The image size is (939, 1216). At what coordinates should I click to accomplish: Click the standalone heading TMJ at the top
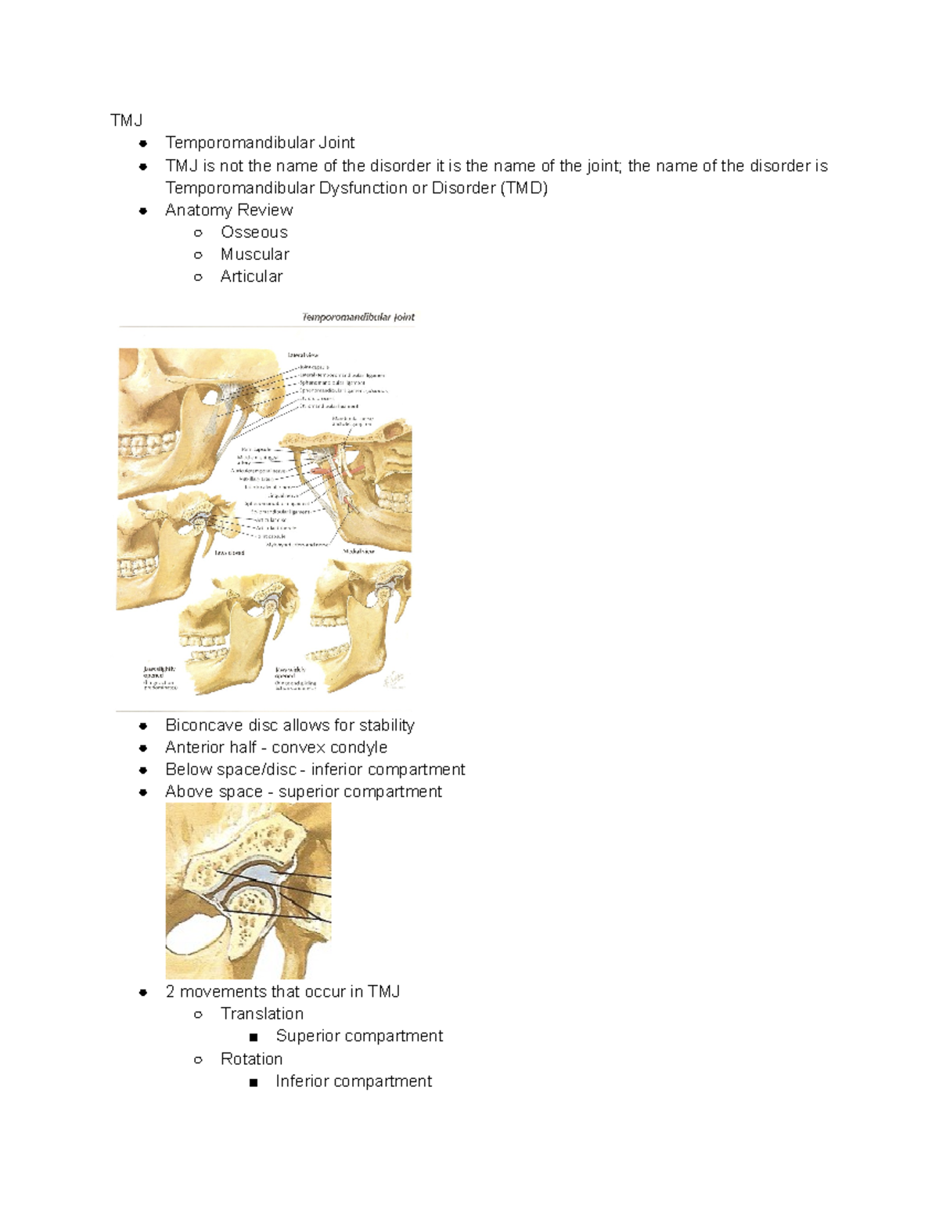[x=126, y=120]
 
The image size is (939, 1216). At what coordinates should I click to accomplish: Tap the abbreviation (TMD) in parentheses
[x=523, y=188]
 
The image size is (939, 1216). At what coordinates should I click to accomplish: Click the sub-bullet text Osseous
[x=254, y=232]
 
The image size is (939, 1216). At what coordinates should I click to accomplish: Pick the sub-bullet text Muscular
[x=255, y=254]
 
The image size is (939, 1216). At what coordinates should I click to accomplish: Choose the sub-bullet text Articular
[x=251, y=276]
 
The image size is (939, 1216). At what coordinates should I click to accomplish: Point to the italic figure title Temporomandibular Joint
[x=358, y=317]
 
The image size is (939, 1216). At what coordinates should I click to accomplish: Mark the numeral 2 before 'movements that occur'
[x=170, y=991]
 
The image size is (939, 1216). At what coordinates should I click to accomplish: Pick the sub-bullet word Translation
[x=262, y=1013]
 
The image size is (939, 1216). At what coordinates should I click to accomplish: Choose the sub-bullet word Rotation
[x=251, y=1059]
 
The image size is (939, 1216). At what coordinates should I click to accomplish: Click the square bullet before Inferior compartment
[x=253, y=1082]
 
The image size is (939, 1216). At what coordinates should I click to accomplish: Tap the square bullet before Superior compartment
[x=253, y=1037]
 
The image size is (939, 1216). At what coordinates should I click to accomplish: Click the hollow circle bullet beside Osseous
[x=199, y=233]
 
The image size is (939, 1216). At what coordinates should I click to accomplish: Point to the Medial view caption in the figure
[x=359, y=551]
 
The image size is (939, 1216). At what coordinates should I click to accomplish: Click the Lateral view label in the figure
[x=303, y=355]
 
